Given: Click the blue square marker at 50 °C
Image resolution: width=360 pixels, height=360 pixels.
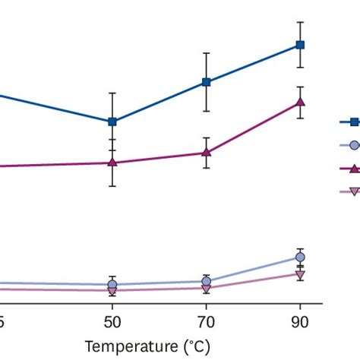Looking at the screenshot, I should (x=112, y=122).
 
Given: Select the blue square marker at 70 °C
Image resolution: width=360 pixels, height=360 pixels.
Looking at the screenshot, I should (x=206, y=82).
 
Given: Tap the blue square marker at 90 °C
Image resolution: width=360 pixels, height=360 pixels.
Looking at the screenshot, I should (x=300, y=45).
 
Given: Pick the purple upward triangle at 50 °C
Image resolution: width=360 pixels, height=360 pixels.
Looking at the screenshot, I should (x=112, y=163).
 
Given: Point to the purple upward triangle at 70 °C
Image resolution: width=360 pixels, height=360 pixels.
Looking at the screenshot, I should (x=206, y=153).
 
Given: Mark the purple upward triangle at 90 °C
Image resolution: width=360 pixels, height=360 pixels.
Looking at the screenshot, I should (x=300, y=103).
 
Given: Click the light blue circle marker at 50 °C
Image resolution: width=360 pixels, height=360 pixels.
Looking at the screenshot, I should (x=112, y=285).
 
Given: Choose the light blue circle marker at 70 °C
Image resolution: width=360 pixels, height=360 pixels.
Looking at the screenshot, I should (x=206, y=281).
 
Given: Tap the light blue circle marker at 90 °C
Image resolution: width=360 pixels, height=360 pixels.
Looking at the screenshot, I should (x=300, y=257).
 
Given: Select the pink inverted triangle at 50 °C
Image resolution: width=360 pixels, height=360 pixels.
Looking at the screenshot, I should (x=112, y=291).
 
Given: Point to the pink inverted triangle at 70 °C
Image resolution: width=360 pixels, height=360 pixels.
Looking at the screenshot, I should (x=206, y=288).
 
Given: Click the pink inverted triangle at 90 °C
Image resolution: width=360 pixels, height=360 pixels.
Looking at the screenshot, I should (x=300, y=274).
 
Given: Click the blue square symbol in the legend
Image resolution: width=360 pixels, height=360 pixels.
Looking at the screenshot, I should (x=353, y=122).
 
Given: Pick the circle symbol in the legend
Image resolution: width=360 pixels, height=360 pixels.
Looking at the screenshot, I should (x=353, y=145).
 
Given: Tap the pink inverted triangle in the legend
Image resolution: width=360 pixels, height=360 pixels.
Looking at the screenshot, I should (x=353, y=192).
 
